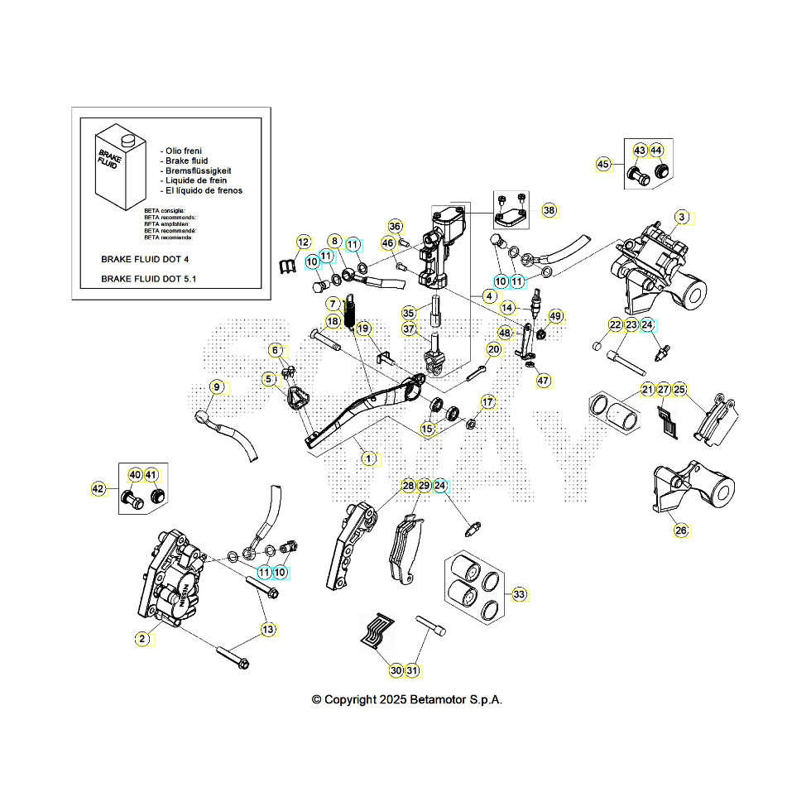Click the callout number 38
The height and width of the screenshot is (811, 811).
tap(549, 210)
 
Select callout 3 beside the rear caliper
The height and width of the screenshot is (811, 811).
tap(681, 218)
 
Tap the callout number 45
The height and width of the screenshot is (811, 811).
tap(603, 165)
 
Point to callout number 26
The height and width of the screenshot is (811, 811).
tap(680, 530)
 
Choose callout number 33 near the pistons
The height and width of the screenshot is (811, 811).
tap(519, 594)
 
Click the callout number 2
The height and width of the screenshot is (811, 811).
tap(142, 638)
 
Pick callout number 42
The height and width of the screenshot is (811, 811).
tap(98, 489)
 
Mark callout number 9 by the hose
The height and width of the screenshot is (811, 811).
tap(216, 386)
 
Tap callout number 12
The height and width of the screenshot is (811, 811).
tap(303, 242)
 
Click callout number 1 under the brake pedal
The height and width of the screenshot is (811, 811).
tap(369, 458)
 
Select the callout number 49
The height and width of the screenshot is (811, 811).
tap(555, 316)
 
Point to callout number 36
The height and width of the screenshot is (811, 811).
tap(395, 227)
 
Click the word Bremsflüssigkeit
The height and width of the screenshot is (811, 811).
tap(197, 170)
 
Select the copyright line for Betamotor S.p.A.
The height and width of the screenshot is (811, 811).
tap(406, 699)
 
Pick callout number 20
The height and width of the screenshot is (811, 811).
tap(493, 350)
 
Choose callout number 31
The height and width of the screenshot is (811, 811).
tap(412, 670)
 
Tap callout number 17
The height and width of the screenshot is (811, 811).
tap(487, 402)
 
